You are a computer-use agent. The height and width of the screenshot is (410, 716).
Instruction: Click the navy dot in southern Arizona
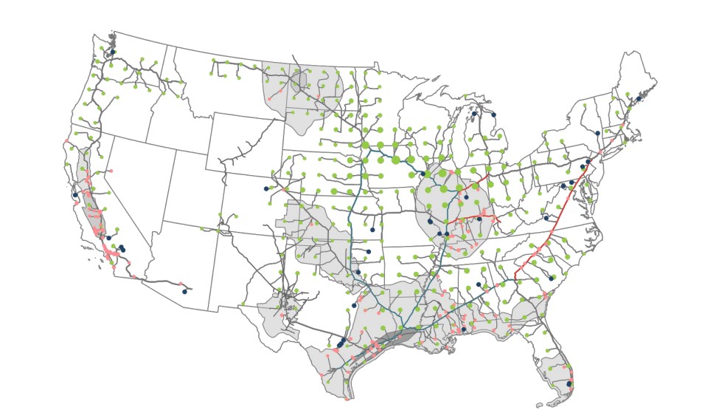pos(185,291)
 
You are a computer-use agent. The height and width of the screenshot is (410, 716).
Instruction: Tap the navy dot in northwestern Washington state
pos(113,52)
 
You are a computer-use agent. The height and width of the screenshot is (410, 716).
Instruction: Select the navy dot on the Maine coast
pos(639,98)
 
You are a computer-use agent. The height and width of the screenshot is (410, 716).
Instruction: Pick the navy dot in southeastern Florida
pos(569,383)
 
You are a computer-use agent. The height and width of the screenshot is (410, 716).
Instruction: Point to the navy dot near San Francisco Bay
pos(74,195)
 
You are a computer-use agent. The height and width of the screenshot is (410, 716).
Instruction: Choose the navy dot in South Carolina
pos(552,279)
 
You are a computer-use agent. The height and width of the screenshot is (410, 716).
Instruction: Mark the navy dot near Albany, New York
pos(597,133)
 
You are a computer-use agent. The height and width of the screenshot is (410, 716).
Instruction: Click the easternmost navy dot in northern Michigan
pos(493,115)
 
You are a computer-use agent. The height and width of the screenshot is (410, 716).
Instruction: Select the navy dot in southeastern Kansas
pos(372,230)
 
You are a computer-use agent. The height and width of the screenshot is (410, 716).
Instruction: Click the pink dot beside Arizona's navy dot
pos(181,284)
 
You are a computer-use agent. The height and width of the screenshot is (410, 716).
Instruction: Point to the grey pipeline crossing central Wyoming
pos(243,148)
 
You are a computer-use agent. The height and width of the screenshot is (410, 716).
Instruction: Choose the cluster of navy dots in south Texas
pos(340,343)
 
